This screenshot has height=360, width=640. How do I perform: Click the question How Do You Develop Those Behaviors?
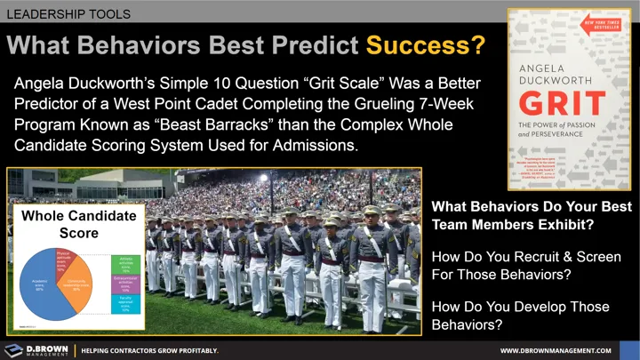[x=520, y=315]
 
